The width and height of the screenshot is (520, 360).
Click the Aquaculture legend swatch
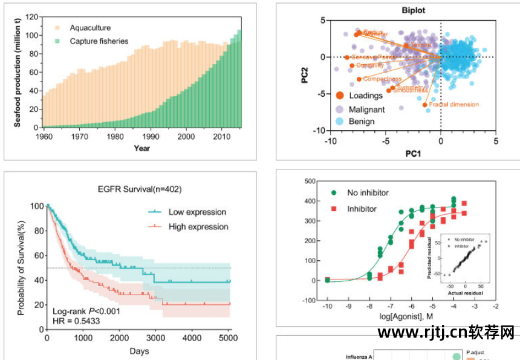pyautogui.click(x=57, y=28)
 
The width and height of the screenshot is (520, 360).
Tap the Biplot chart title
pyautogui.click(x=414, y=10)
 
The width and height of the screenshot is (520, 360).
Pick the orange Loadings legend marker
pyautogui.click(x=340, y=96)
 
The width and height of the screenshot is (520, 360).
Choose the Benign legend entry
pyautogui.click(x=361, y=121)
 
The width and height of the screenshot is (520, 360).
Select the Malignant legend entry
pyautogui.click(x=366, y=110)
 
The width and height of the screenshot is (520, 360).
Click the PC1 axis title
pyautogui.click(x=413, y=154)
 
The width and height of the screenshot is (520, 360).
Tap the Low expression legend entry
pyautogui.click(x=196, y=212)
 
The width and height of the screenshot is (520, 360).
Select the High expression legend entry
pyautogui.click(x=197, y=227)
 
